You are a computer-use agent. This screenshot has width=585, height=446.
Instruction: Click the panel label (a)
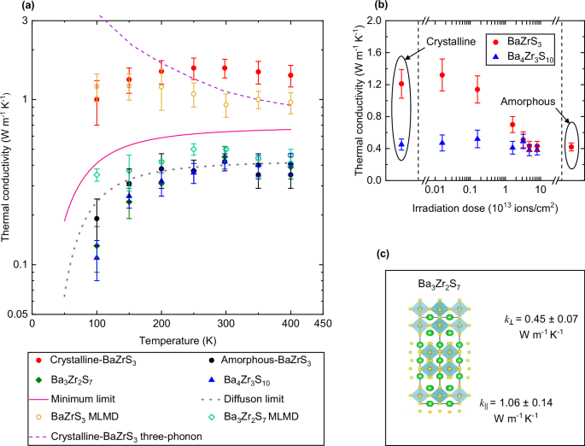[9, 7]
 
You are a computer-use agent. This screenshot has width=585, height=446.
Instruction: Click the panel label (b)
[356, 7]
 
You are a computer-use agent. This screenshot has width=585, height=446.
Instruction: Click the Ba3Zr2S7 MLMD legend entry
[255, 416]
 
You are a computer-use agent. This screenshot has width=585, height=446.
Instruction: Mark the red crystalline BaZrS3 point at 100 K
[97, 99]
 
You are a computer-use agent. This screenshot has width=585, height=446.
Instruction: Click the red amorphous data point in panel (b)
[571, 147]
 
